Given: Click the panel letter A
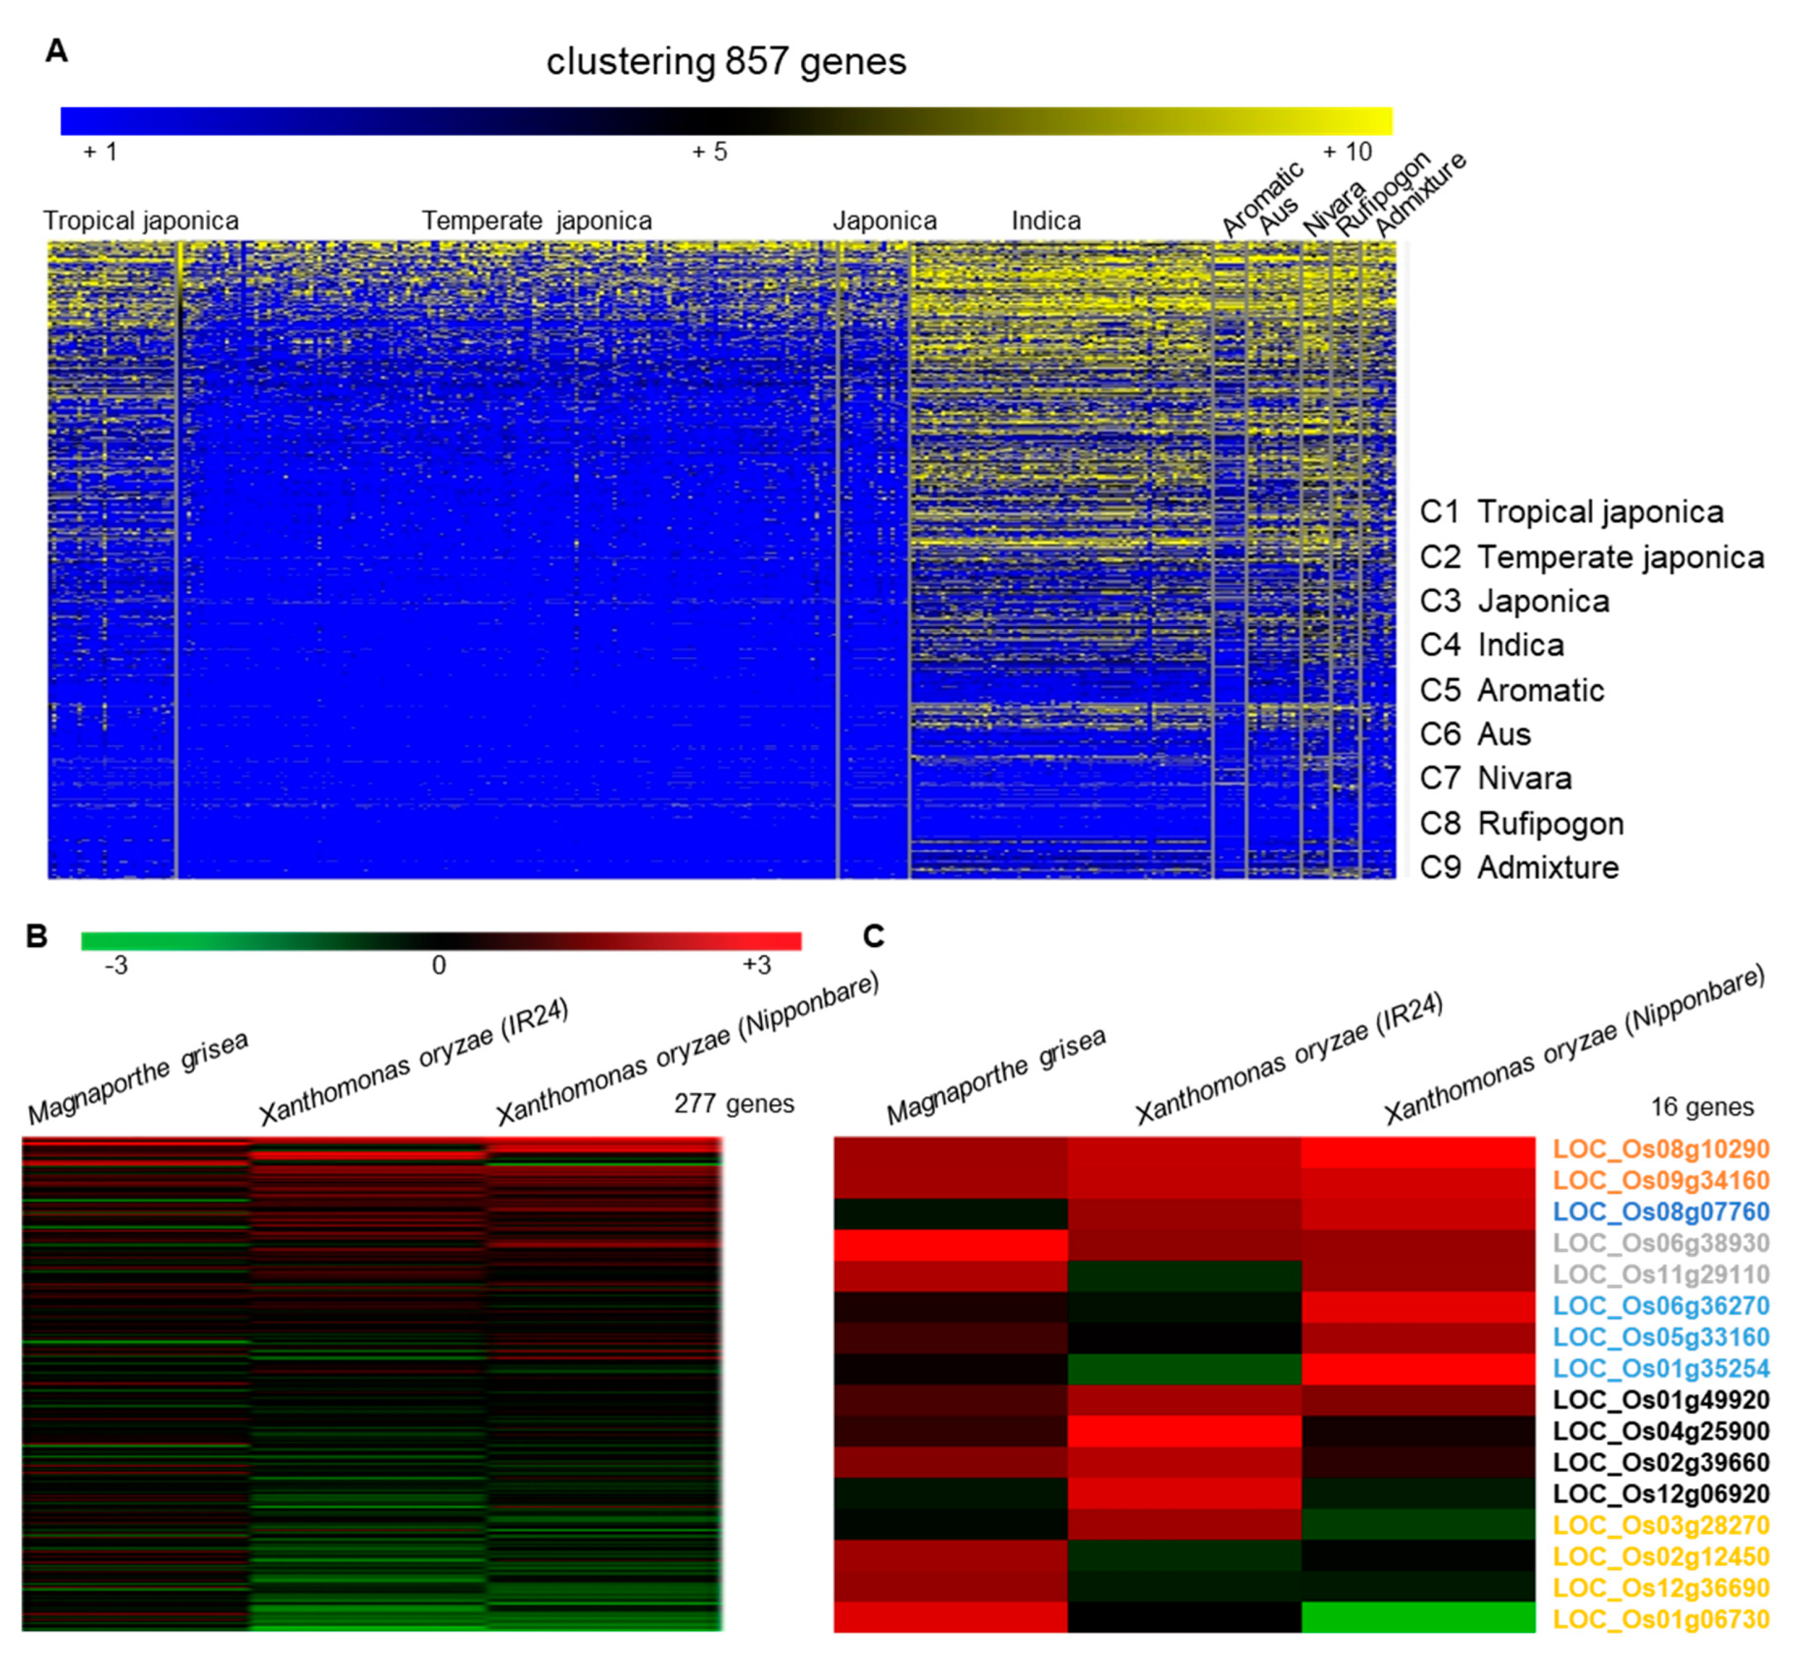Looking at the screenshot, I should [56, 51].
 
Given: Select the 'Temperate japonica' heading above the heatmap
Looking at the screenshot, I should [536, 221].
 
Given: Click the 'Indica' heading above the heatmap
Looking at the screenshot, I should [1046, 221].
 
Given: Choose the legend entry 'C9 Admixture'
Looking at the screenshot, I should [1518, 868].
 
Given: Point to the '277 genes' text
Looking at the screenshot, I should [734, 1103].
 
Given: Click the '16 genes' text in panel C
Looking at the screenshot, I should [1702, 1107].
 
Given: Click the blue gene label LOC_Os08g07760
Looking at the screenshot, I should [1660, 1211].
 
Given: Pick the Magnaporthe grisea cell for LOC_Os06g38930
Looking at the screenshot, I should [950, 1245].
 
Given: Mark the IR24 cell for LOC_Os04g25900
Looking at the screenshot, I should [1184, 1432].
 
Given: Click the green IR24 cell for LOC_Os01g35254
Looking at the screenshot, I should [1184, 1369].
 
